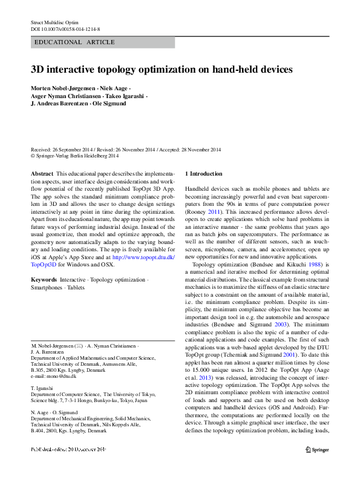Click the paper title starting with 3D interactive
[x=162, y=70]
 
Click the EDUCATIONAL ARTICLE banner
[x=75, y=42]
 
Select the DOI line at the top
[x=65, y=28]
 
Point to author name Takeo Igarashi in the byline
[x=123, y=96]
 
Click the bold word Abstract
[x=42, y=173]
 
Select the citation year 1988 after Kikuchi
[x=311, y=265]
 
